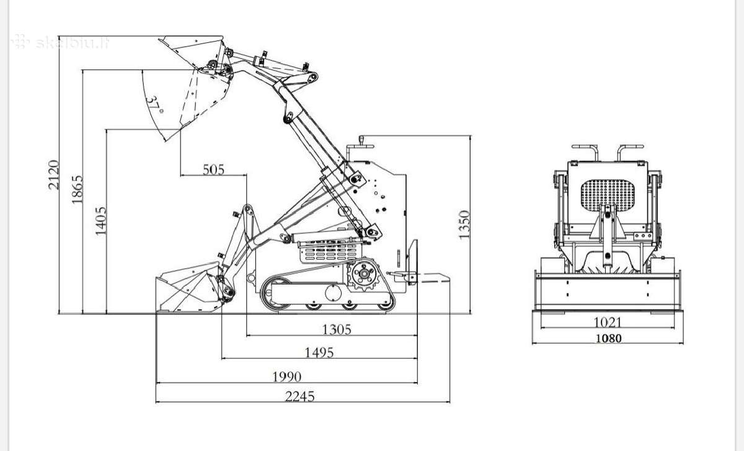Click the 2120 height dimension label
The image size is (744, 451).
(x=53, y=175)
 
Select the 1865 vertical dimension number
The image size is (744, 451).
(x=77, y=189)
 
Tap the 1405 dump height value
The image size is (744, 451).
(x=101, y=221)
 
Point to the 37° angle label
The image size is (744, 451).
(x=154, y=104)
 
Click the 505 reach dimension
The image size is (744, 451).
(x=213, y=170)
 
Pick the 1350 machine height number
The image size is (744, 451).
(x=464, y=225)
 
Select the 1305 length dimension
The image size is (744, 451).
(x=337, y=329)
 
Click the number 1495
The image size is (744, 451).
(x=319, y=352)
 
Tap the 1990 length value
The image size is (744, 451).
(x=287, y=377)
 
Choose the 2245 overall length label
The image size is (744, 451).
(x=300, y=396)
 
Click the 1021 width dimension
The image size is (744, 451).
(x=607, y=322)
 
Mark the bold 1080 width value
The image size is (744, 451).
(x=608, y=338)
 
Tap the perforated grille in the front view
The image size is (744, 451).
(x=608, y=195)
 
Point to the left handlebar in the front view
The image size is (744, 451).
(x=585, y=152)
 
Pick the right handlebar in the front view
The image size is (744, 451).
(x=631, y=152)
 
